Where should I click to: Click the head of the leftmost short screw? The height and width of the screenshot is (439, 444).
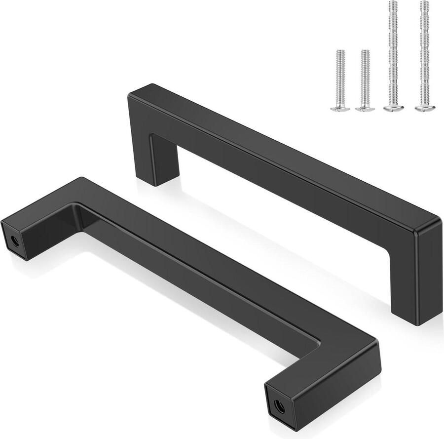338,107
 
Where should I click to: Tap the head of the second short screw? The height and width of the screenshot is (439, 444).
365,107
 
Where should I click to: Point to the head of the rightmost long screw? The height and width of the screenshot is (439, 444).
423,107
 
